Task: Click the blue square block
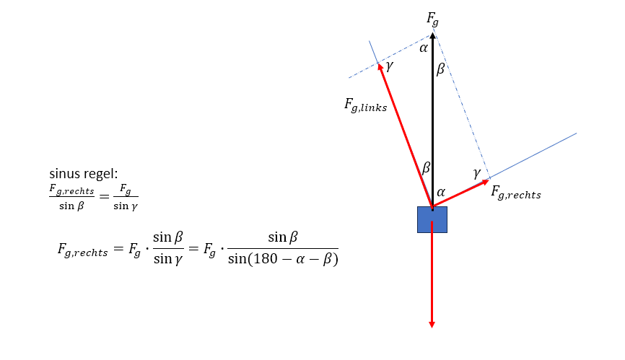[x=432, y=219]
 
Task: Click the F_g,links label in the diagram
[x=365, y=105]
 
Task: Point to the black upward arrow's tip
[x=432, y=34]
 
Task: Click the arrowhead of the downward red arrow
[x=432, y=324]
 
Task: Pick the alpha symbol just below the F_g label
[x=424, y=48]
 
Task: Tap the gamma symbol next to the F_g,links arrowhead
[x=390, y=66]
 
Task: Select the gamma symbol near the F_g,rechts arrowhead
[x=476, y=173]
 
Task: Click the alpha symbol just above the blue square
[x=442, y=193]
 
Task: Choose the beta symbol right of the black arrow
[x=440, y=69]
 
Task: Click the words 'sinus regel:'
[x=84, y=174]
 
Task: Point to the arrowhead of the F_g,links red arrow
[x=380, y=66]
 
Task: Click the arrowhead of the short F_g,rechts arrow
[x=486, y=180]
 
